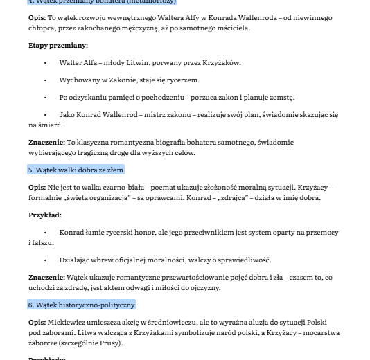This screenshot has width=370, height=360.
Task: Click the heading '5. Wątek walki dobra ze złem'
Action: [x=76, y=170]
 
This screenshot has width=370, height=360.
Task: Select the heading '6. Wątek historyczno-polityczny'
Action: [x=81, y=305]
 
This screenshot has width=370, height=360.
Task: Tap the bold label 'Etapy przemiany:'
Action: [x=58, y=45]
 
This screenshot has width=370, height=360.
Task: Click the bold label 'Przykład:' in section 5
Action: [x=45, y=215]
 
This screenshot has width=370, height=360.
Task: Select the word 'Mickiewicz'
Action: [x=67, y=323]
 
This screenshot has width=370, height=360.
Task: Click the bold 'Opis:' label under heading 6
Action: [x=37, y=323]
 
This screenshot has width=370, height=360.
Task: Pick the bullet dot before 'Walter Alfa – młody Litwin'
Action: [x=45, y=63]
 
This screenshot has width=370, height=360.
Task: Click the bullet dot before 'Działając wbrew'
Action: [x=45, y=260]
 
